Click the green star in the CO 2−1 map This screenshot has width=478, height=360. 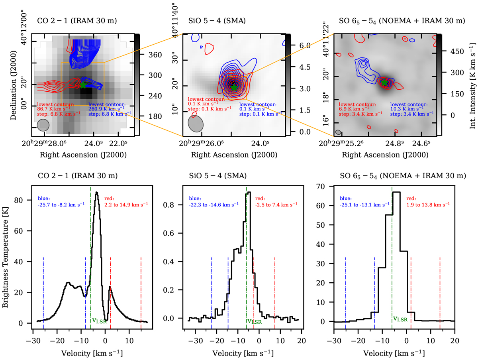tap(83, 85)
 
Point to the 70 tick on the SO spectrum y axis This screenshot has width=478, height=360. tap(319, 186)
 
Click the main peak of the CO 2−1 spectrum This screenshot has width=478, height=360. tap(96, 193)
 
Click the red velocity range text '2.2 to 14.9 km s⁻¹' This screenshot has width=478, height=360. tap(126, 205)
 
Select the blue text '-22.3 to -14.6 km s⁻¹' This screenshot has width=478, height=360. tap(214, 205)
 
